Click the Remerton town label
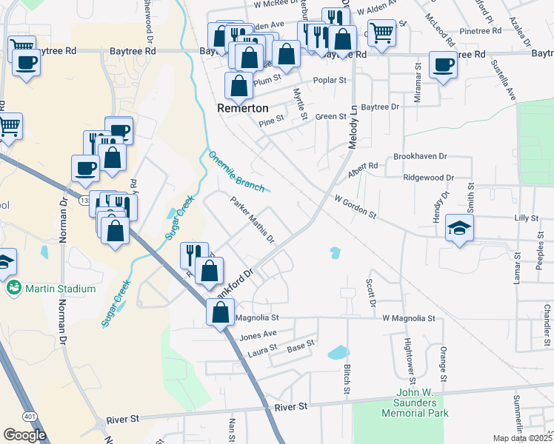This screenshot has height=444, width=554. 241,107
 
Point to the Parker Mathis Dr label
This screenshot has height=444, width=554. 252,220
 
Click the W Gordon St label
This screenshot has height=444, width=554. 356,207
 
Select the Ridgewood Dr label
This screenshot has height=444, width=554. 428,178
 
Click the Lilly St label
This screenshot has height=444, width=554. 525,218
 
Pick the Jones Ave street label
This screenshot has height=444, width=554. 258,334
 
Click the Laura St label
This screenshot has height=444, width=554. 262,348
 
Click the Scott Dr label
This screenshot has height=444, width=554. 372,292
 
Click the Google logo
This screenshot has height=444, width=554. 24,435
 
